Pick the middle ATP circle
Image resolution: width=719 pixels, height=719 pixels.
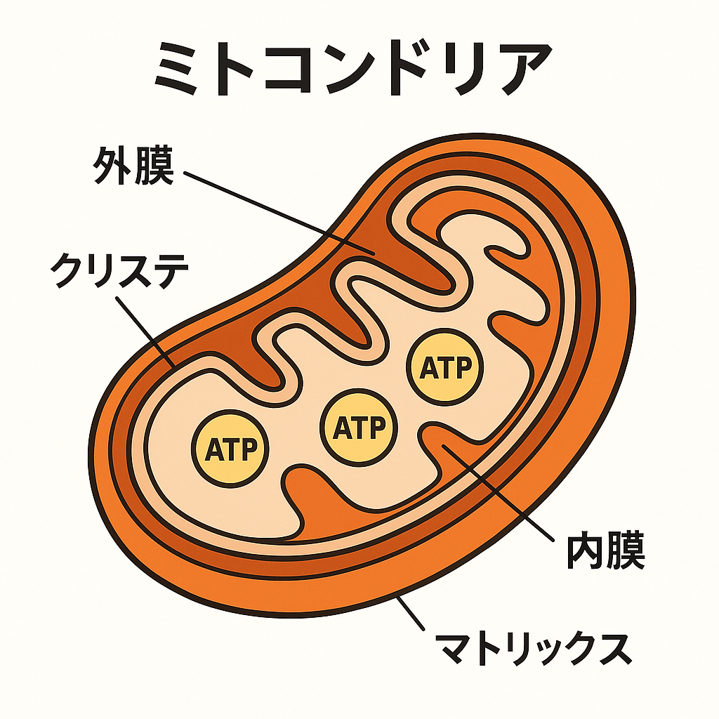(358, 427)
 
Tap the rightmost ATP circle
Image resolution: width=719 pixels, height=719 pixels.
(444, 367)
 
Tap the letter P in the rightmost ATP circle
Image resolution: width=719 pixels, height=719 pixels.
(462, 368)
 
